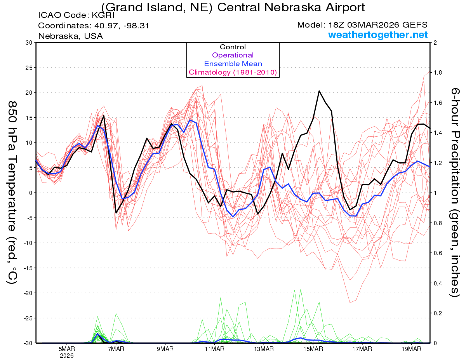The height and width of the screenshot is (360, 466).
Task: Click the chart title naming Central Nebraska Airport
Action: [233, 7]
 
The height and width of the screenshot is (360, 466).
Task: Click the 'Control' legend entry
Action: [233, 47]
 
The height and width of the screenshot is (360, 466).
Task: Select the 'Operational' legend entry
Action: [233, 55]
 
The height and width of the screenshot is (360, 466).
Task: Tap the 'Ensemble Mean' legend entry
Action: [233, 64]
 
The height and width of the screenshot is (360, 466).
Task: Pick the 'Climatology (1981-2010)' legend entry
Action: [233, 72]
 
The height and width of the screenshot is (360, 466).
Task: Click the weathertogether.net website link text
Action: [378, 35]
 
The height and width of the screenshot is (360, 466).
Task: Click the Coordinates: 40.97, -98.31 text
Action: [94, 26]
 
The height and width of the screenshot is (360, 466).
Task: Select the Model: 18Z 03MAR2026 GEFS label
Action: [362, 25]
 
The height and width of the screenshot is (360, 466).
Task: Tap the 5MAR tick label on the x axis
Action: [67, 349]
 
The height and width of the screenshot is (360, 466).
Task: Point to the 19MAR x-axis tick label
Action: [412, 349]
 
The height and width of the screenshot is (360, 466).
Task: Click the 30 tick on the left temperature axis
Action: [28, 43]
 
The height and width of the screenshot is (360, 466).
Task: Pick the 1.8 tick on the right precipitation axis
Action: [437, 73]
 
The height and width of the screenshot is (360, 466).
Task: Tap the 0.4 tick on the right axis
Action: [437, 283]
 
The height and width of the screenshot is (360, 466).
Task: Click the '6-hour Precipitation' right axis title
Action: [455, 192]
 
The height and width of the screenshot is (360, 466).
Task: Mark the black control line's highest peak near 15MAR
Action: [319, 91]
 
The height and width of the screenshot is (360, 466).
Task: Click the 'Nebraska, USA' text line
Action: [70, 36]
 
